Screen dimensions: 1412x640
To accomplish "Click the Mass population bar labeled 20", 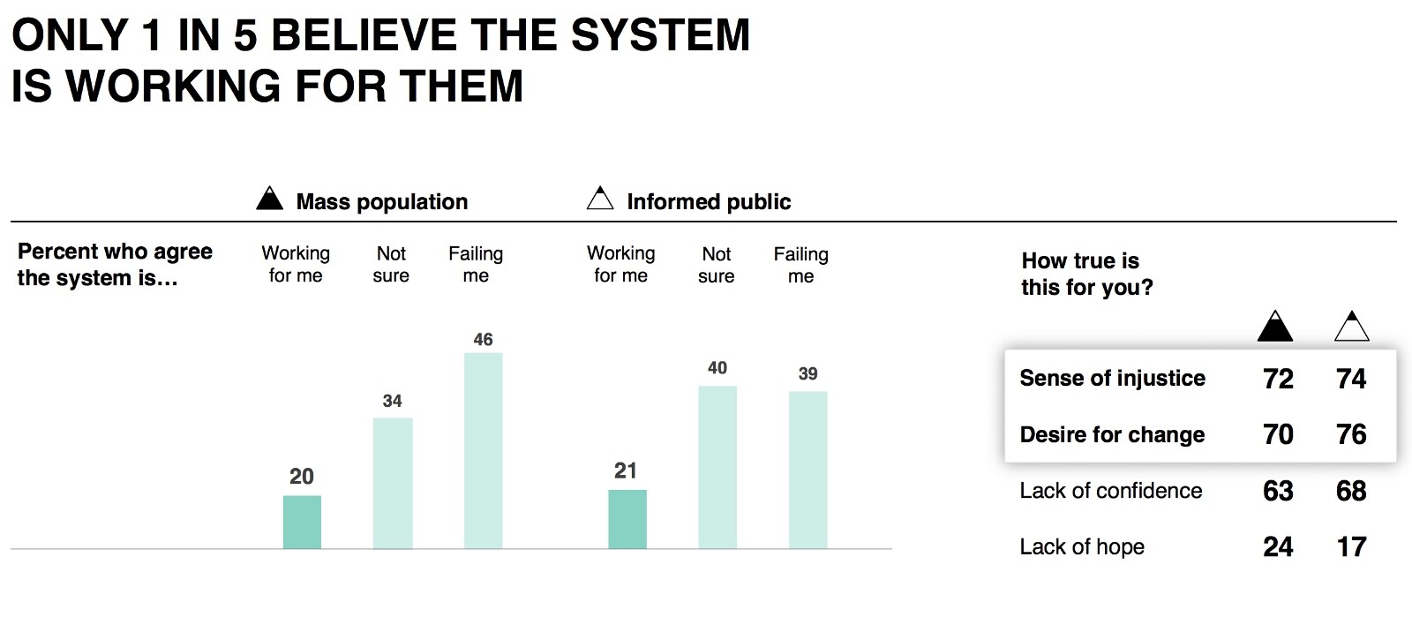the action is point(302,522).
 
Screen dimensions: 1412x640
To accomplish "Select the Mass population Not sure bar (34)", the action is point(393,483).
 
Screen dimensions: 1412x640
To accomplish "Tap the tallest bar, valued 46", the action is point(484,451).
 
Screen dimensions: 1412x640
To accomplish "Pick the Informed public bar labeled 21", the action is point(627,519).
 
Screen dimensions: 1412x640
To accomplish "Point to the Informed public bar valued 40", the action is point(717,467).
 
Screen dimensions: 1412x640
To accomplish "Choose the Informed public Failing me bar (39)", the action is point(808,471).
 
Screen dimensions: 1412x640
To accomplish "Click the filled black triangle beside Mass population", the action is point(270,198).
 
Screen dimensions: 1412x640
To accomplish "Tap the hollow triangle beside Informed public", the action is point(600,198).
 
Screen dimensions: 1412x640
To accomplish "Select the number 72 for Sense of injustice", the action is point(1278,379).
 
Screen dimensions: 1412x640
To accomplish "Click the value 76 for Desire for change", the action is point(1351,434).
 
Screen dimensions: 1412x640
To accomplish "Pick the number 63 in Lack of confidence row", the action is point(1278,491).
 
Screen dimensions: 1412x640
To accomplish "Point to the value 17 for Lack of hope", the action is point(1351,546).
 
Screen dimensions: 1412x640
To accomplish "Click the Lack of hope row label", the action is point(1082,546).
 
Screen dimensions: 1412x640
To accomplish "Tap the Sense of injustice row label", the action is point(1113,378).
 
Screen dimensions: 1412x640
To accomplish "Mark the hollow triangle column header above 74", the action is point(1351,326).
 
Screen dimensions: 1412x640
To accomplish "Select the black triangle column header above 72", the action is point(1275,326).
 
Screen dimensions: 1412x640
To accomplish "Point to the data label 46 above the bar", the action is point(483,340).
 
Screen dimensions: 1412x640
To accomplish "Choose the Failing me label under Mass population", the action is point(476,265).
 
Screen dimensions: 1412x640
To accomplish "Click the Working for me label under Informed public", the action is point(621,265).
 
